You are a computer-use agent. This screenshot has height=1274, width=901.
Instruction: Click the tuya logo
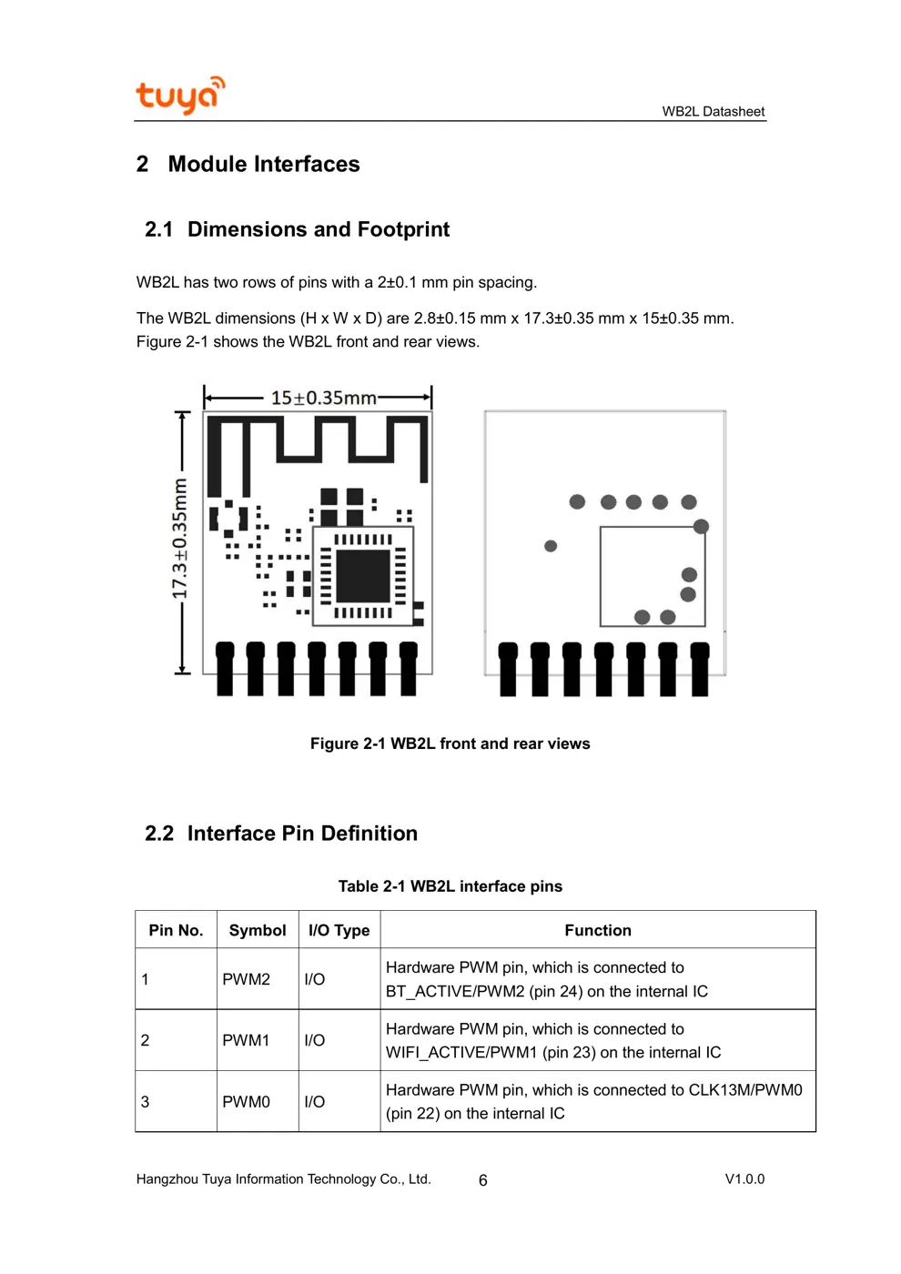pyautogui.click(x=179, y=95)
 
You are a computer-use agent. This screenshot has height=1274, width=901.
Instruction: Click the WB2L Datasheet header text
pyautogui.click(x=713, y=111)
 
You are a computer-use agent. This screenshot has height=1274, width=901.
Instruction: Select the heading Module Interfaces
pyautogui.click(x=264, y=164)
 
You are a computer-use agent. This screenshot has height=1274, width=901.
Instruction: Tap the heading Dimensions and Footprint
pyautogui.click(x=319, y=229)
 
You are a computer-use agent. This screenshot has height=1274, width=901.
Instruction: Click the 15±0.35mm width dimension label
pyautogui.click(x=323, y=398)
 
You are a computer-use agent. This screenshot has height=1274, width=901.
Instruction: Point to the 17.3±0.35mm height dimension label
pyautogui.click(x=180, y=539)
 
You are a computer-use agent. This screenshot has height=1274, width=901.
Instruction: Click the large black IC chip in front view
pyautogui.click(x=363, y=575)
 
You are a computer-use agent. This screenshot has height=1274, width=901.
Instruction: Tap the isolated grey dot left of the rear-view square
pyautogui.click(x=551, y=546)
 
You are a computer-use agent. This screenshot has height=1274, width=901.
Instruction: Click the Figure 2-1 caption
pyautogui.click(x=450, y=743)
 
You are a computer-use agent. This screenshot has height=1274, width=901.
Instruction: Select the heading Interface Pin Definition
pyautogui.click(x=302, y=834)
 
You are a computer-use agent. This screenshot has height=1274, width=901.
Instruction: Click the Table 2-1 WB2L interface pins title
pyautogui.click(x=450, y=886)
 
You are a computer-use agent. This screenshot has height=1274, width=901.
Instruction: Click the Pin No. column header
pyautogui.click(x=176, y=930)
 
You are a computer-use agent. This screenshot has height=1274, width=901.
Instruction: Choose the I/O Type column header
pyautogui.click(x=339, y=930)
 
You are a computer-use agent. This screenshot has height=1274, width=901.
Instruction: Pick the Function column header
pyautogui.click(x=597, y=930)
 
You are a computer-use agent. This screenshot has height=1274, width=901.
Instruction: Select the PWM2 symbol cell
pyautogui.click(x=246, y=979)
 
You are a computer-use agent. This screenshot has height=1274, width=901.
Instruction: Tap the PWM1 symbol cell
pyautogui.click(x=246, y=1040)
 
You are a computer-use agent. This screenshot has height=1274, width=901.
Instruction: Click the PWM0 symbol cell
pyautogui.click(x=246, y=1101)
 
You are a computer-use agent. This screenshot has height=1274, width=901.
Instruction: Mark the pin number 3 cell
pyautogui.click(x=146, y=1101)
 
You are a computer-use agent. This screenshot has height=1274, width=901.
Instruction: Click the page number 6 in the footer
pyautogui.click(x=483, y=1180)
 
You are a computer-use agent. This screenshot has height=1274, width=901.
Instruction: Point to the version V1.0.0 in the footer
pyautogui.click(x=744, y=1178)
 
